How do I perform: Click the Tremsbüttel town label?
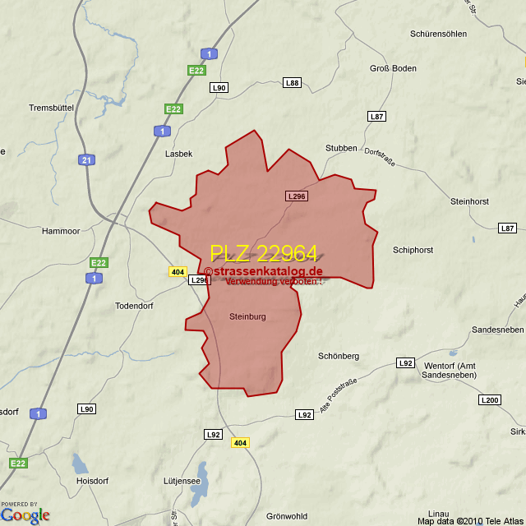pos(52,108)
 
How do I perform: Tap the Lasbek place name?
pos(178,154)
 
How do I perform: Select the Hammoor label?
pos(61,231)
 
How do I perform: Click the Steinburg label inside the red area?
pos(247,316)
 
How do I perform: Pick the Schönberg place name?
pos(339,356)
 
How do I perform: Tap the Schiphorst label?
pos(413,250)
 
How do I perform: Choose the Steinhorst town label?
pos(470,201)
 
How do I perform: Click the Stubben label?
pos(341,148)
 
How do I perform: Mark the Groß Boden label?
pos(393,68)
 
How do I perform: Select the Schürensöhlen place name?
pos(438,34)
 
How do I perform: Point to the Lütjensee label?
pos(182,481)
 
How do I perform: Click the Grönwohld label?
pos(287,516)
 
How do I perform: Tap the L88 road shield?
pos(292,82)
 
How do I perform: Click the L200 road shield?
pos(489,400)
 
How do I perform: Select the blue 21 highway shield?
pos(86,159)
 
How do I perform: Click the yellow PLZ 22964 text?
pos(263,254)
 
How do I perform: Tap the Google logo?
pos(25,515)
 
